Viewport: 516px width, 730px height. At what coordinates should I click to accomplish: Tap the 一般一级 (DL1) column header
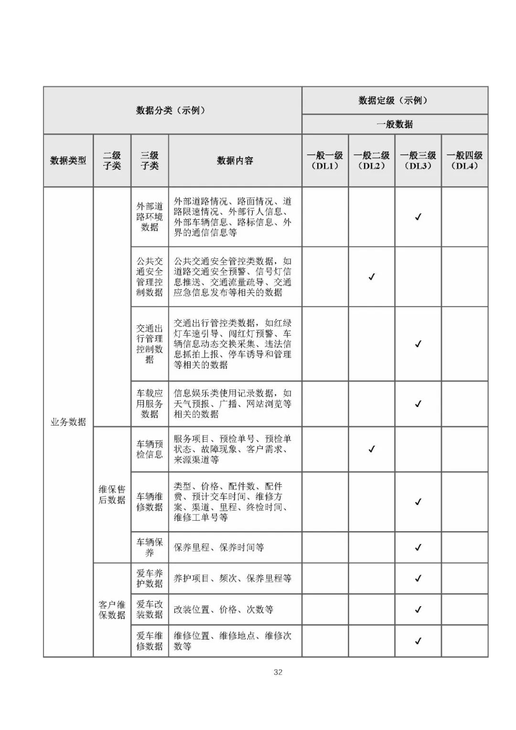[325, 161]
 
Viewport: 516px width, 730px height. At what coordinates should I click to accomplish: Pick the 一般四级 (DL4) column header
[464, 161]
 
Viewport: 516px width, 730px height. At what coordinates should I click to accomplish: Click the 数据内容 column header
[235, 161]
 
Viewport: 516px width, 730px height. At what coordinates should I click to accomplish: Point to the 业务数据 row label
[68, 422]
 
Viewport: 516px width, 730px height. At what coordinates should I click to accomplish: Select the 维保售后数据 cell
[112, 494]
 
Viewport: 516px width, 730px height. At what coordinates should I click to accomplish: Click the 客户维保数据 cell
[112, 610]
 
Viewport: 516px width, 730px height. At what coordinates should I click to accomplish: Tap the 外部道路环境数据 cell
[150, 217]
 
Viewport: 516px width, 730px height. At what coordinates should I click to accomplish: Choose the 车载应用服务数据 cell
[150, 403]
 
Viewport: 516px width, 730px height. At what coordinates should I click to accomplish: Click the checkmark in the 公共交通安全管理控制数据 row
[372, 277]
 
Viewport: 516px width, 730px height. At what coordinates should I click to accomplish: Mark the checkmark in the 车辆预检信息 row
[372, 449]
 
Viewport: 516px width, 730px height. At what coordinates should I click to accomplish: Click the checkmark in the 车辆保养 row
[418, 547]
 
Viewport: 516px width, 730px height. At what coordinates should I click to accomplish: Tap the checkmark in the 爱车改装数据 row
[418, 610]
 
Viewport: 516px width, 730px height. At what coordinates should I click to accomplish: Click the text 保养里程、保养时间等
[219, 547]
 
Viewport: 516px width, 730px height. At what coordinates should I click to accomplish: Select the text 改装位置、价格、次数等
[223, 610]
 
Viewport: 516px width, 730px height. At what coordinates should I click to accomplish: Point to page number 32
[278, 672]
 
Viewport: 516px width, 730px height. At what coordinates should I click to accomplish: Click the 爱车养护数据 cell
[150, 578]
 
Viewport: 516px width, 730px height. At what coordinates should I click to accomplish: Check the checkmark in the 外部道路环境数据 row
[418, 217]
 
